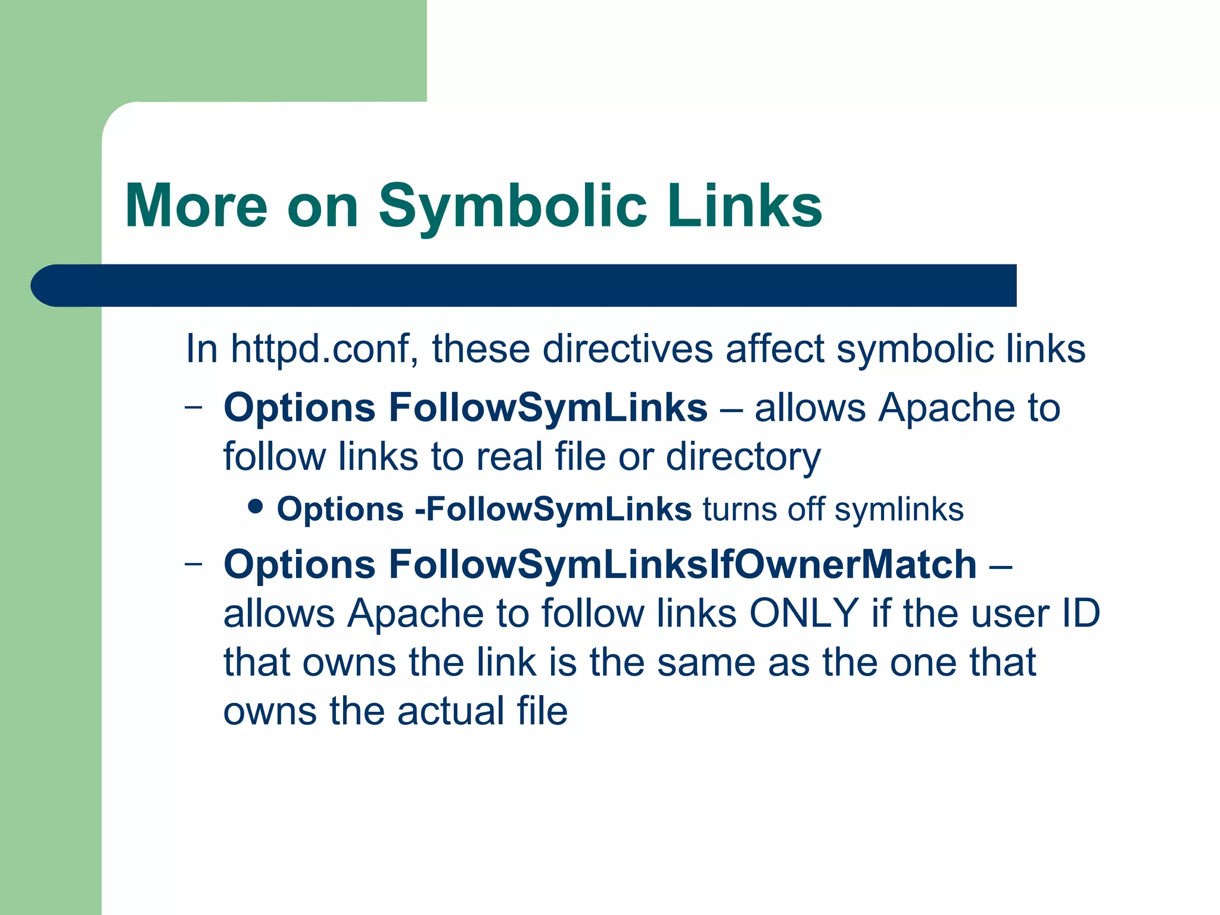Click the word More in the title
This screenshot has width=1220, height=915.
(x=196, y=206)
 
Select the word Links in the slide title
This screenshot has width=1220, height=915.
(x=745, y=206)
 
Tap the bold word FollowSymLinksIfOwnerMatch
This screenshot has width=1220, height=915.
(x=683, y=564)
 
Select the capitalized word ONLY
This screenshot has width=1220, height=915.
(x=804, y=614)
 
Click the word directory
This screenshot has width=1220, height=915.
(x=743, y=457)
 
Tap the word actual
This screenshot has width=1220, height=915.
(x=452, y=711)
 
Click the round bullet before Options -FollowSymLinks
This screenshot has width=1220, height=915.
(x=256, y=508)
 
